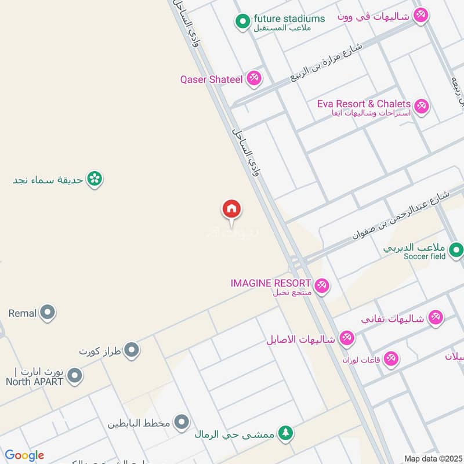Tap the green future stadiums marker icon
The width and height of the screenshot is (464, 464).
point(242,23)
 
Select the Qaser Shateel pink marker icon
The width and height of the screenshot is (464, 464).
point(253,78)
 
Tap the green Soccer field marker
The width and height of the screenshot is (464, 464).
point(456,250)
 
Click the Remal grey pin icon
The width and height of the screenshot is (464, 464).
point(48,313)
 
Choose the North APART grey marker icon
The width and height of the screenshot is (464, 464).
point(74,376)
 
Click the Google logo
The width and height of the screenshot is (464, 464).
point(24,455)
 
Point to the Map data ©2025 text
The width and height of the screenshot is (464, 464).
point(432,458)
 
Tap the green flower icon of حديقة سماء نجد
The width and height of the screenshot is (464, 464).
point(95,179)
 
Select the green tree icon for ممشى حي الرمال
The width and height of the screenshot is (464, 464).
point(285,433)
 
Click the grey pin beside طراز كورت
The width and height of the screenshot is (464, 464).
point(132,350)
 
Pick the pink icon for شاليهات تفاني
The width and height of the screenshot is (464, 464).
point(435,317)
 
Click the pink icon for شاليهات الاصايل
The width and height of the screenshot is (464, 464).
point(347,338)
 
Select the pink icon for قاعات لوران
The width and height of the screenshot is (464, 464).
point(391,359)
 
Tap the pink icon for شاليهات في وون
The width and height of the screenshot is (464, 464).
point(420,16)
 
